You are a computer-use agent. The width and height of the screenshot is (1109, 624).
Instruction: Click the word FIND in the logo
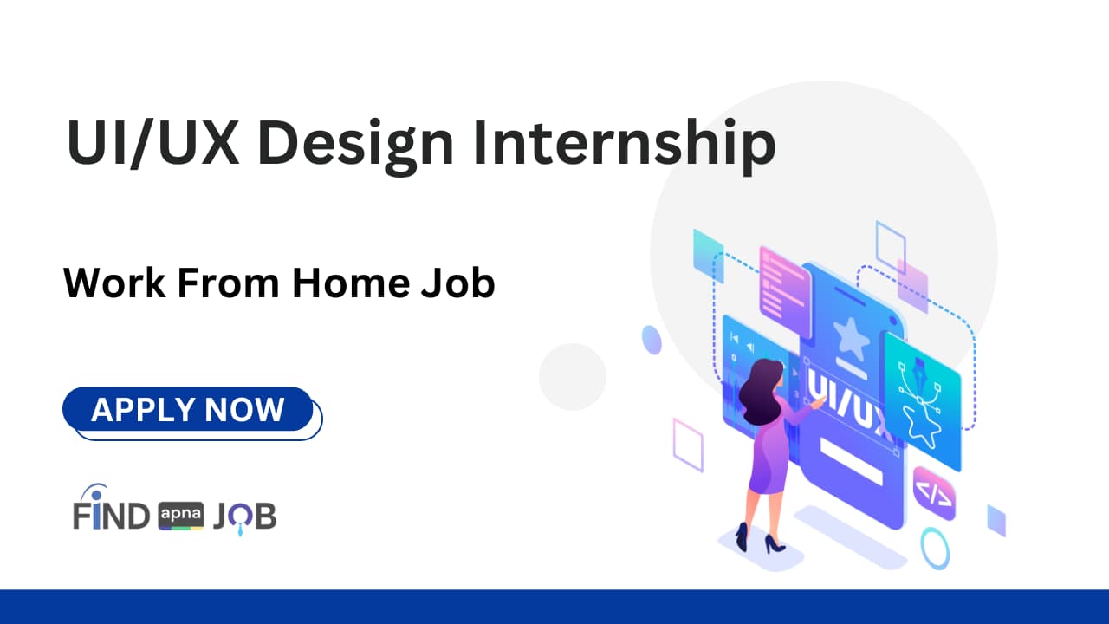pos(111,516)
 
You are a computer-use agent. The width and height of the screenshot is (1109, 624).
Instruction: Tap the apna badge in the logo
pos(181,517)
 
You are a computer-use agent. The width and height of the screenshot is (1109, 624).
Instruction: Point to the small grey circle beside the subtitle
pos(572,376)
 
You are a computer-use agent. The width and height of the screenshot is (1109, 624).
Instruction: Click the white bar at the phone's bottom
pos(851,460)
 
